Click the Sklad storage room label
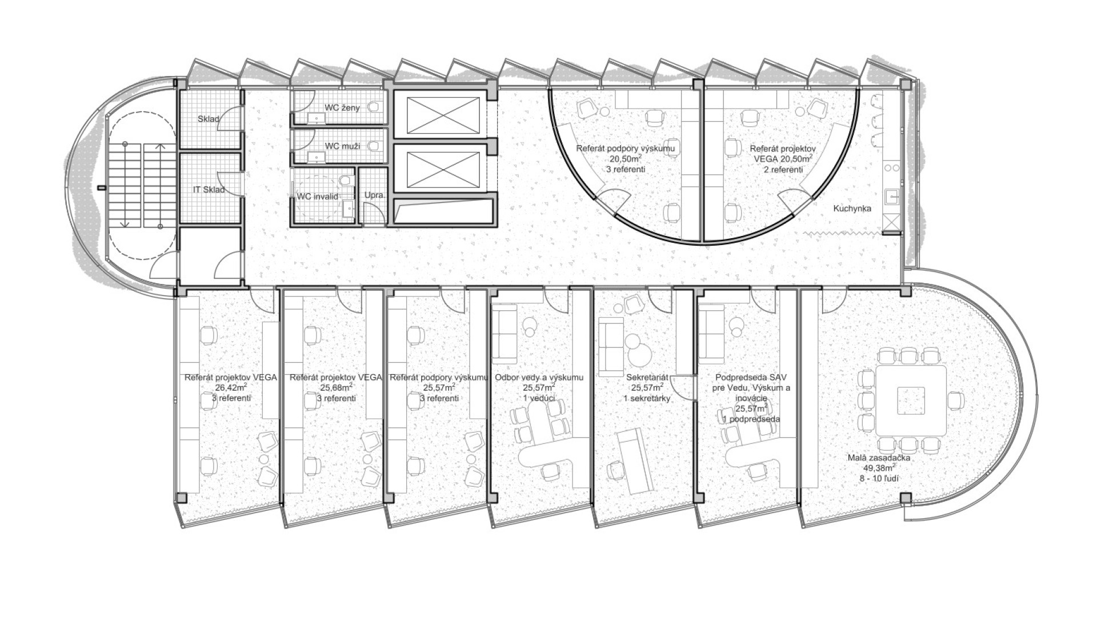[209, 119]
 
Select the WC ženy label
[342, 107]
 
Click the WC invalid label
[318, 197]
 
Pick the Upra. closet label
[375, 195]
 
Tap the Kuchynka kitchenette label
[852, 209]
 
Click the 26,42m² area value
[231, 388]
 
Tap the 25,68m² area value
[336, 388]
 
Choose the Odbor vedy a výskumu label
[539, 378]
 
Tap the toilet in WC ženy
[375, 107]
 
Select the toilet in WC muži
[375, 146]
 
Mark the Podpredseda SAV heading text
[745, 378]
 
